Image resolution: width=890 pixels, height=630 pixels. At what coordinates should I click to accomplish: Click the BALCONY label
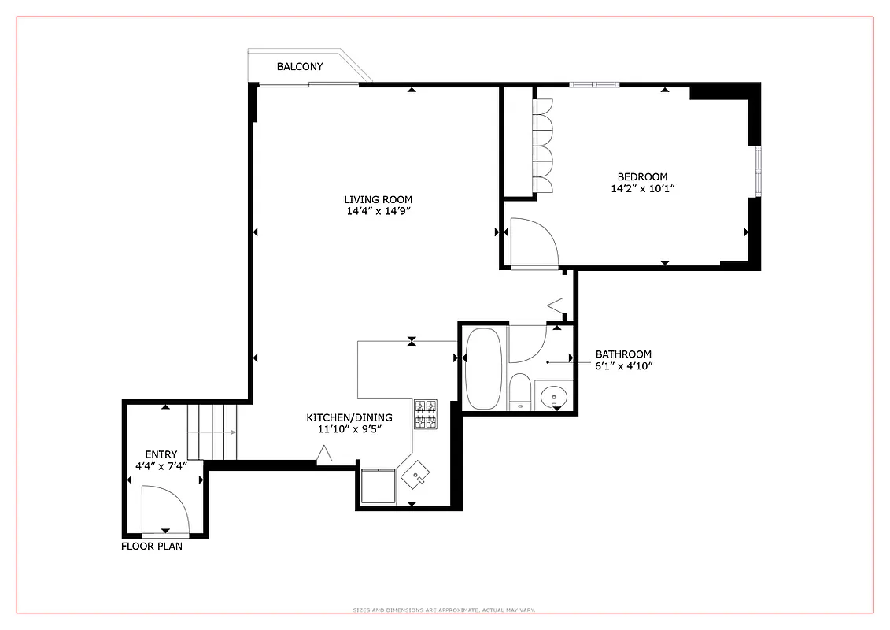point(299,67)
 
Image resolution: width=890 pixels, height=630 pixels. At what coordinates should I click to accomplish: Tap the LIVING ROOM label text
point(378,199)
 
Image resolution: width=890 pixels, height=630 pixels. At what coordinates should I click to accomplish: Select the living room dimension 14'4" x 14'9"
point(378,211)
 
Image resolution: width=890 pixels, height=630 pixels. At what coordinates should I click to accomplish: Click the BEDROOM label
point(642,176)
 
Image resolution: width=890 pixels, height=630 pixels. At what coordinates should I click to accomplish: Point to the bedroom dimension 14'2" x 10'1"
point(643,188)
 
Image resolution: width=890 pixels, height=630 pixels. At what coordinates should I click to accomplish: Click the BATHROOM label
point(623,354)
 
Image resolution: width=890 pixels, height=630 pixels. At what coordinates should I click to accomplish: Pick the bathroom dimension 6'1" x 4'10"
point(623,365)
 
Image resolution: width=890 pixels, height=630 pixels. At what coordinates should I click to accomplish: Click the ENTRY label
point(161,454)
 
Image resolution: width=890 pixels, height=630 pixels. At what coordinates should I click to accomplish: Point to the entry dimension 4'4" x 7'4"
point(161,466)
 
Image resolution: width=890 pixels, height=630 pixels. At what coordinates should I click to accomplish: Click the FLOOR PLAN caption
point(151,546)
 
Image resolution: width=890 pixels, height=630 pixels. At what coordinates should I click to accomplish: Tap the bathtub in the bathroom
point(484,369)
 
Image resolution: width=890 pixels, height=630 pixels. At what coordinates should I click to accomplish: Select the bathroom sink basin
point(556,395)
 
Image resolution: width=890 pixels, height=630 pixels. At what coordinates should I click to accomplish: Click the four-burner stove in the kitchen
point(426,414)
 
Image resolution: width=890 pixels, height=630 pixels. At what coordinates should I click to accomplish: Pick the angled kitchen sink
point(415,474)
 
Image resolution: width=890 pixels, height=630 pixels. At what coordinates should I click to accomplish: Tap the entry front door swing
point(164,510)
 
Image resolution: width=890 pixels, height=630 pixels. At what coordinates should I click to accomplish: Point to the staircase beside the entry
point(212,431)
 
